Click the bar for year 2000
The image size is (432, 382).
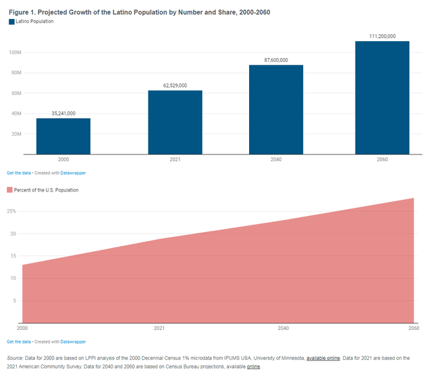tap(63, 136)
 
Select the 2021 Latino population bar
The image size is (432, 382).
tap(175, 122)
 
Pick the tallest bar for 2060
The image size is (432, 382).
tap(382, 98)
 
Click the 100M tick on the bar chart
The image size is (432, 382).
tap(15, 53)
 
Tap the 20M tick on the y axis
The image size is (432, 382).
tap(16, 134)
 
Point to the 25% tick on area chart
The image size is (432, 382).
tap(13, 211)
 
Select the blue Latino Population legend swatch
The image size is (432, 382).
tap(11, 22)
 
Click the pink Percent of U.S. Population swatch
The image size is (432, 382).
tap(9, 190)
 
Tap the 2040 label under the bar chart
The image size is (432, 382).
tap(275, 160)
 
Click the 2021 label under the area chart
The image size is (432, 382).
tap(159, 328)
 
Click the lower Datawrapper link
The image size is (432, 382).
tap(73, 342)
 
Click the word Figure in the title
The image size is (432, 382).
tap(19, 12)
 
